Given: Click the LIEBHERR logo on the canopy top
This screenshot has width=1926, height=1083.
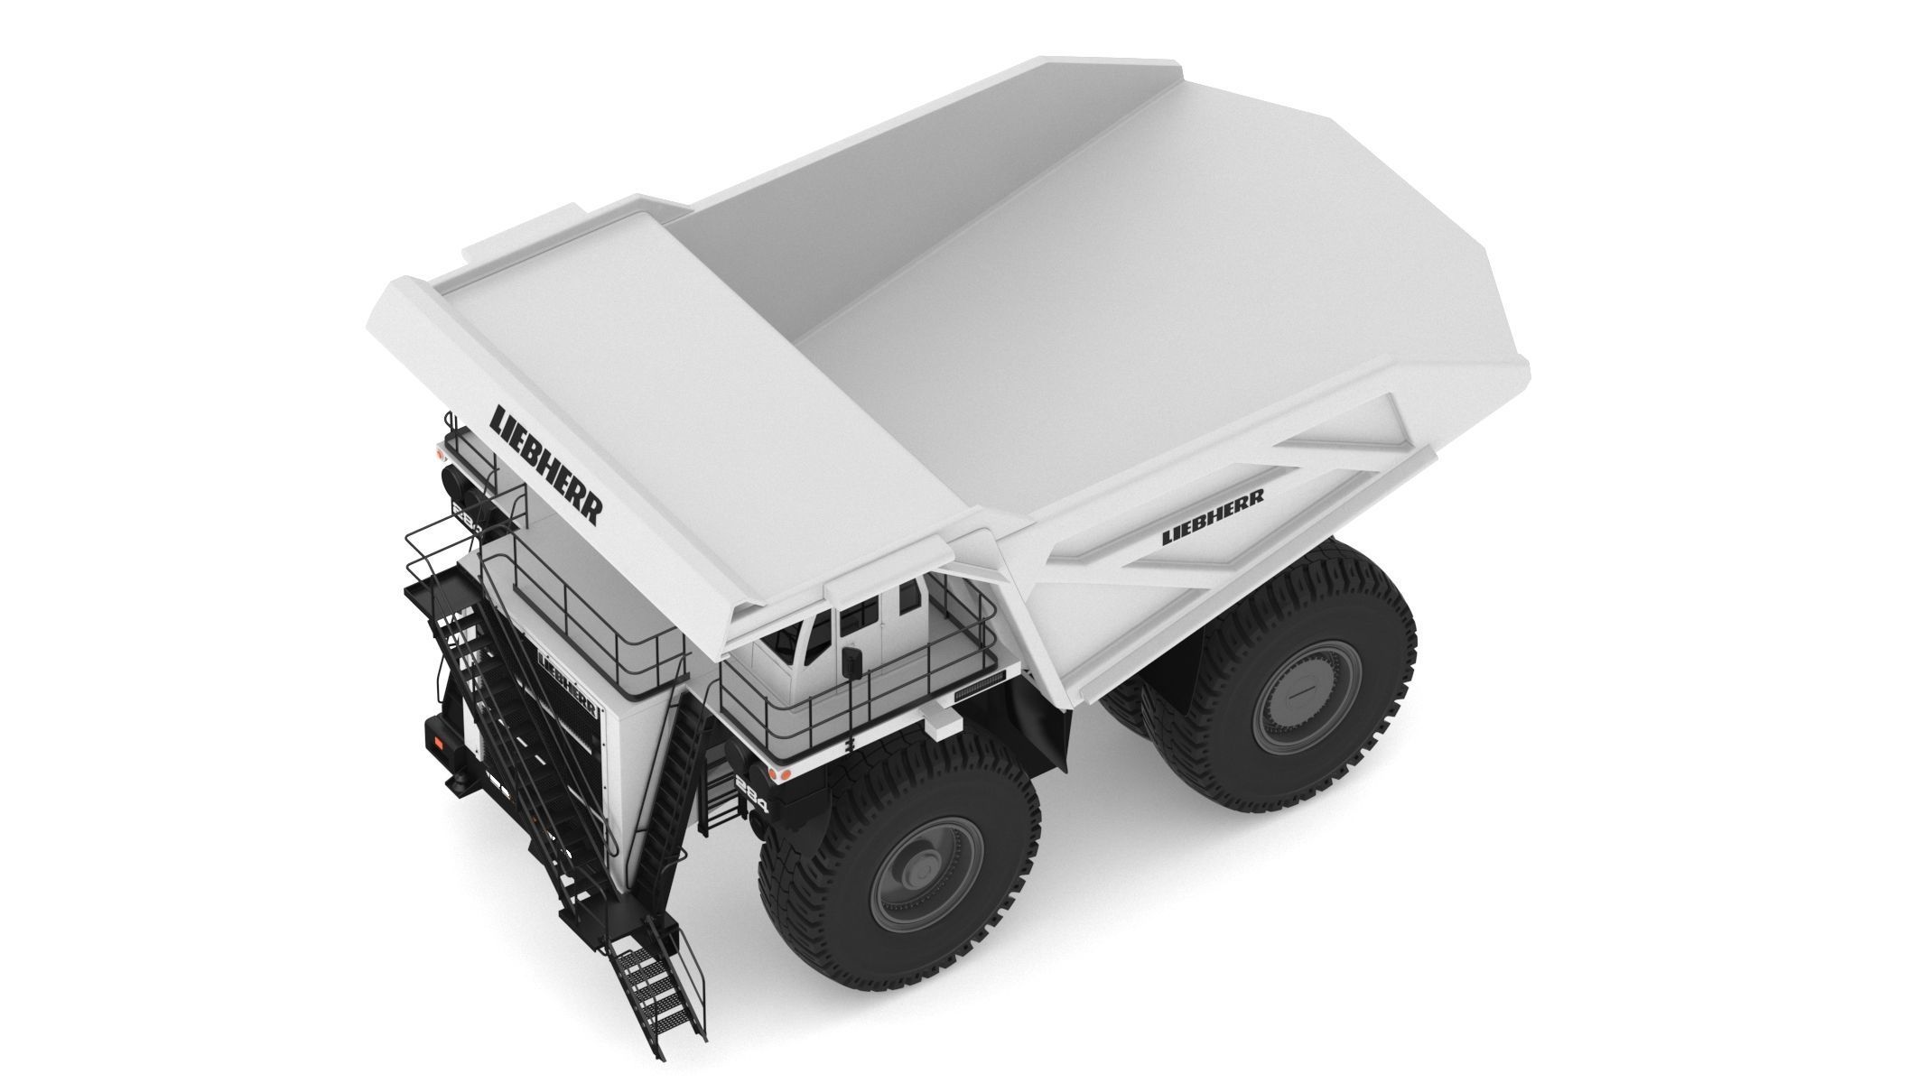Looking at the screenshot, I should pos(544,467).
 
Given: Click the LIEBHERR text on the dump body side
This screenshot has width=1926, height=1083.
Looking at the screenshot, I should pos(1212,517).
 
